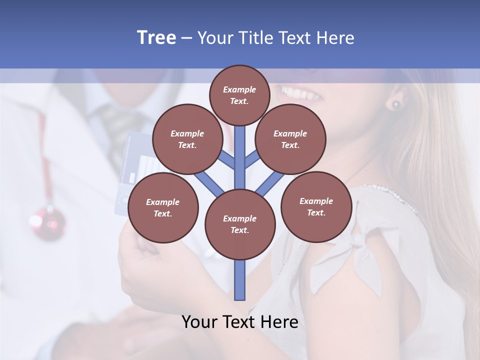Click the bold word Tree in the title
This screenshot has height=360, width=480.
156,38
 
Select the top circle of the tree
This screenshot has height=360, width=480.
239,95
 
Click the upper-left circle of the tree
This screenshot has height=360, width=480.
187,139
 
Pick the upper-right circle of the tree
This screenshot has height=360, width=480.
290,139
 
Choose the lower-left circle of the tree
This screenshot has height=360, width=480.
163,207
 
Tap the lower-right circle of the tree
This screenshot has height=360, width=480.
316,206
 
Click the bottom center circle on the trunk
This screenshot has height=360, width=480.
240,224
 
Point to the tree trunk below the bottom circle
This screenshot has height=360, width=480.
240,280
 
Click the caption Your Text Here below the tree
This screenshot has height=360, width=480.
240,322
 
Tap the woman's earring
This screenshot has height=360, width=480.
396,105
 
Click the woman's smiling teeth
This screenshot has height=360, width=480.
300,93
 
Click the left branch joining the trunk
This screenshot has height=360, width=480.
209,181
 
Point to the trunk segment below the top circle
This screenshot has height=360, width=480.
240,150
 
